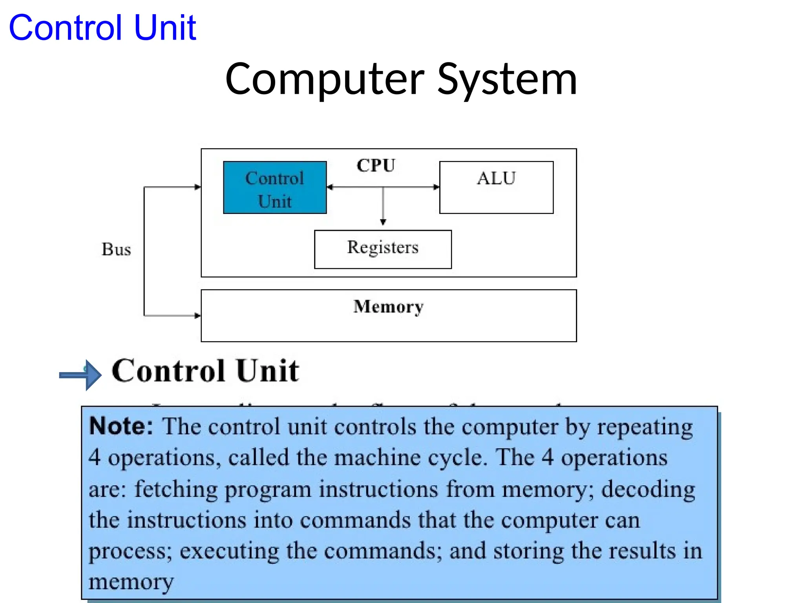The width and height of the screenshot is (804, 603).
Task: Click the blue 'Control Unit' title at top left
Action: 102,27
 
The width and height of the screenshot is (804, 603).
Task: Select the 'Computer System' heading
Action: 401,79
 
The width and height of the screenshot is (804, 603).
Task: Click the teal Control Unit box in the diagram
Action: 274,188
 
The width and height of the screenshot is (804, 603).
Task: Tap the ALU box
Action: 496,187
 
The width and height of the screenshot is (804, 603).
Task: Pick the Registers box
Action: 383,249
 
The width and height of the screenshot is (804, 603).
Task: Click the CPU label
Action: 376,165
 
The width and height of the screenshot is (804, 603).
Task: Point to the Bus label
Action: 116,249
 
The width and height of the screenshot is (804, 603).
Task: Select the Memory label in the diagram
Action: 388,307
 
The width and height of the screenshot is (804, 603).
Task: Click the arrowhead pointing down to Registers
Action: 383,222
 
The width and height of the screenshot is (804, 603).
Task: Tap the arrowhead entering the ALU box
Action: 436,187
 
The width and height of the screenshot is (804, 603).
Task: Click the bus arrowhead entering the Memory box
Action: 197,315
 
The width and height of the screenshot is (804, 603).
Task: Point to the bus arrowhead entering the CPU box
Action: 197,187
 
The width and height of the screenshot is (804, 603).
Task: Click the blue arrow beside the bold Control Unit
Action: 81,375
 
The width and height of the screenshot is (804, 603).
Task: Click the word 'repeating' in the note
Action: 645,427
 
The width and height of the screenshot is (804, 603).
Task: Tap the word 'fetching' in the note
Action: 176,490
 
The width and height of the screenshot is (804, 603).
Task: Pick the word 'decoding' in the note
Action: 648,490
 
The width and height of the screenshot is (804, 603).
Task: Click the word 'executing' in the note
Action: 229,551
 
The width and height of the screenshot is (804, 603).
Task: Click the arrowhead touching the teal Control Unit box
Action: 330,187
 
